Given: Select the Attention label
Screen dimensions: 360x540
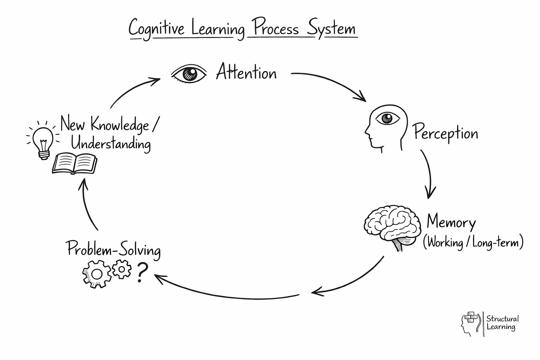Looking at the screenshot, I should pos(246,72).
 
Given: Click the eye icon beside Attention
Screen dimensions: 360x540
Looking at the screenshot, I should pos(189,74).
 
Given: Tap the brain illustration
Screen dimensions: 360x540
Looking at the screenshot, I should pos(392,227).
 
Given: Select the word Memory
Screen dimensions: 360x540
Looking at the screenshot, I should pos(451,223).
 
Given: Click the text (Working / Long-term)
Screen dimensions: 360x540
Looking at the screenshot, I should pos(473,243).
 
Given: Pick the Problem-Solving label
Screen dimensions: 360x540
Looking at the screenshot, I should pos(114,250).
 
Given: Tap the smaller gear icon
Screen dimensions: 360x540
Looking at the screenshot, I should pos(122,269).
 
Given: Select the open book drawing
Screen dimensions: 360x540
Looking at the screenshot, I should pos(75,164).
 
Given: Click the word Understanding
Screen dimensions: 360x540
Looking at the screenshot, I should pos(111,144).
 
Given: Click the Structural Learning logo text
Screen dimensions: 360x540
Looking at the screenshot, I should pos(502,323).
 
